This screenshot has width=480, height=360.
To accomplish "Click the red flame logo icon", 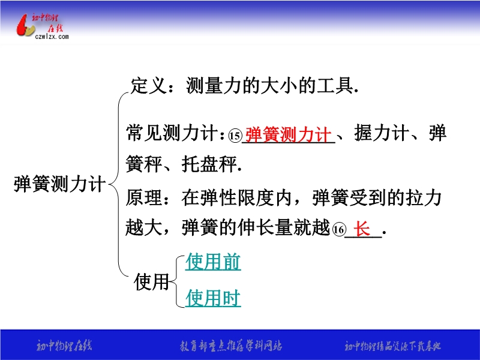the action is (25, 26).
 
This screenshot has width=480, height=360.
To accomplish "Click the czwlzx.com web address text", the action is (52, 37).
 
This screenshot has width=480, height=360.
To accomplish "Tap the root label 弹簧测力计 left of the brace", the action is (60, 184).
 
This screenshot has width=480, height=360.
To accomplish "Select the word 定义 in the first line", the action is (149, 85).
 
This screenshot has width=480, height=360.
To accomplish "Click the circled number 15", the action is (235, 136).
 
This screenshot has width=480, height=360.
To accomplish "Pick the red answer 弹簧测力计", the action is (289, 134).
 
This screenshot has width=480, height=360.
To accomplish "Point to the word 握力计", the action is (382, 133).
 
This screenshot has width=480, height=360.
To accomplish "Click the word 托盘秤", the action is (209, 164).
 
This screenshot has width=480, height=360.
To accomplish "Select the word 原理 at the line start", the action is (143, 197).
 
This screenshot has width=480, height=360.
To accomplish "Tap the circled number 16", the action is (339, 230).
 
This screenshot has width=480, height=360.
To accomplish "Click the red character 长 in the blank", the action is (362, 229).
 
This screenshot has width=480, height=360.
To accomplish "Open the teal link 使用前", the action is (213, 262).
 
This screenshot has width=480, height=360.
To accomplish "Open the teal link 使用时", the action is (213, 298).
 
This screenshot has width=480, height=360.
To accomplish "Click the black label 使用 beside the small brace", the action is (152, 281).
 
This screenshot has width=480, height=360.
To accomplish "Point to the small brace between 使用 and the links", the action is (176, 281).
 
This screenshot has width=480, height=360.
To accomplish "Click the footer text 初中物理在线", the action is (64, 346).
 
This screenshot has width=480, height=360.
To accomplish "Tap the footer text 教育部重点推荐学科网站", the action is (231, 346).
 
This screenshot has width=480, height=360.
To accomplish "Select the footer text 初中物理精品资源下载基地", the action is (393, 346).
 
